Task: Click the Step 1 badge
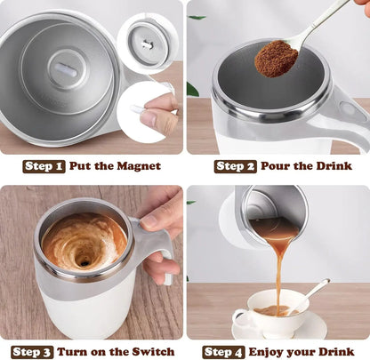pos(44,166)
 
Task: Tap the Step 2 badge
pos(235,166)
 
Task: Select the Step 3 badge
pos(32,351)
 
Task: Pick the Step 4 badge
pos(224,351)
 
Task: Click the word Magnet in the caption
pos(138,166)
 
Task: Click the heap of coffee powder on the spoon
pos(277,58)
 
